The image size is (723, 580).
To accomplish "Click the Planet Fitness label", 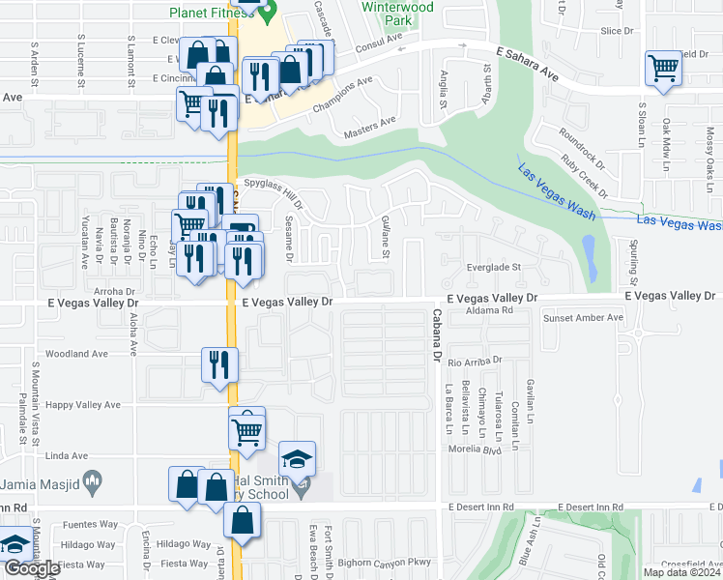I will (x=209, y=13).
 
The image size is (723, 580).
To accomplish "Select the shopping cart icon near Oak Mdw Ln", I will (x=663, y=69).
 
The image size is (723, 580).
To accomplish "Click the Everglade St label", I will (x=494, y=268).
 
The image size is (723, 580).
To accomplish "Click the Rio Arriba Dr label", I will (x=476, y=360).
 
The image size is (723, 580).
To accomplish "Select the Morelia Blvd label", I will (x=471, y=449).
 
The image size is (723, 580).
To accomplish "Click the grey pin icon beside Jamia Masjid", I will (x=92, y=479).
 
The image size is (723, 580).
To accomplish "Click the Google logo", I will (x=31, y=568).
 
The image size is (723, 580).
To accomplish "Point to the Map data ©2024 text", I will (x=680, y=572).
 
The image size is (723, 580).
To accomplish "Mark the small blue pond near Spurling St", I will (x=590, y=253).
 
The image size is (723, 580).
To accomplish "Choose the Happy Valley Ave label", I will (x=84, y=405).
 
